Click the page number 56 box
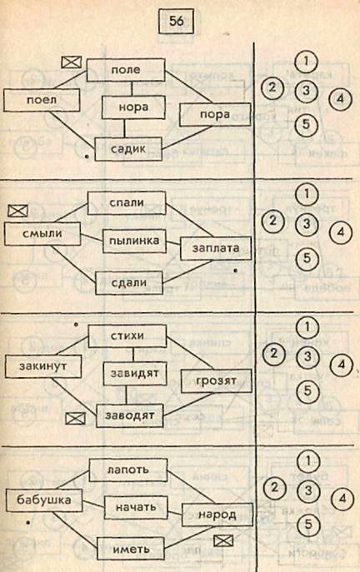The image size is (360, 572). click(x=176, y=21)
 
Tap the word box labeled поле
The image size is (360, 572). click(x=126, y=70)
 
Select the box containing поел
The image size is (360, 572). click(x=42, y=100)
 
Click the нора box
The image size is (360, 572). click(x=133, y=107)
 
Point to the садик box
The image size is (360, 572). click(x=128, y=149)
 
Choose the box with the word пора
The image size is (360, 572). click(x=215, y=115)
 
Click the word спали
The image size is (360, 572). click(x=127, y=203)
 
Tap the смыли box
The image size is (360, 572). click(x=42, y=233)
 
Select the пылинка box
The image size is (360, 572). click(x=134, y=241)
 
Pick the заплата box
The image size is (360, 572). click(x=216, y=248)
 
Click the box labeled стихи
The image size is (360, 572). click(x=127, y=336)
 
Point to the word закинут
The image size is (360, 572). click(x=43, y=366)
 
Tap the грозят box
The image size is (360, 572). click(x=216, y=381)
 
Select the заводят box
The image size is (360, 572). click(x=130, y=415)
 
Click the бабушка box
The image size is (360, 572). click(x=44, y=500)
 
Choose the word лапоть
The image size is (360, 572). click(x=128, y=470)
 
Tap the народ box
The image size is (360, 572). click(x=217, y=515)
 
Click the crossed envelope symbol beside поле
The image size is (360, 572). click(x=71, y=62)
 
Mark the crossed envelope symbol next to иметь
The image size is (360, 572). click(x=223, y=540)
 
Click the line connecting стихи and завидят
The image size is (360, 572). click(x=132, y=355)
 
